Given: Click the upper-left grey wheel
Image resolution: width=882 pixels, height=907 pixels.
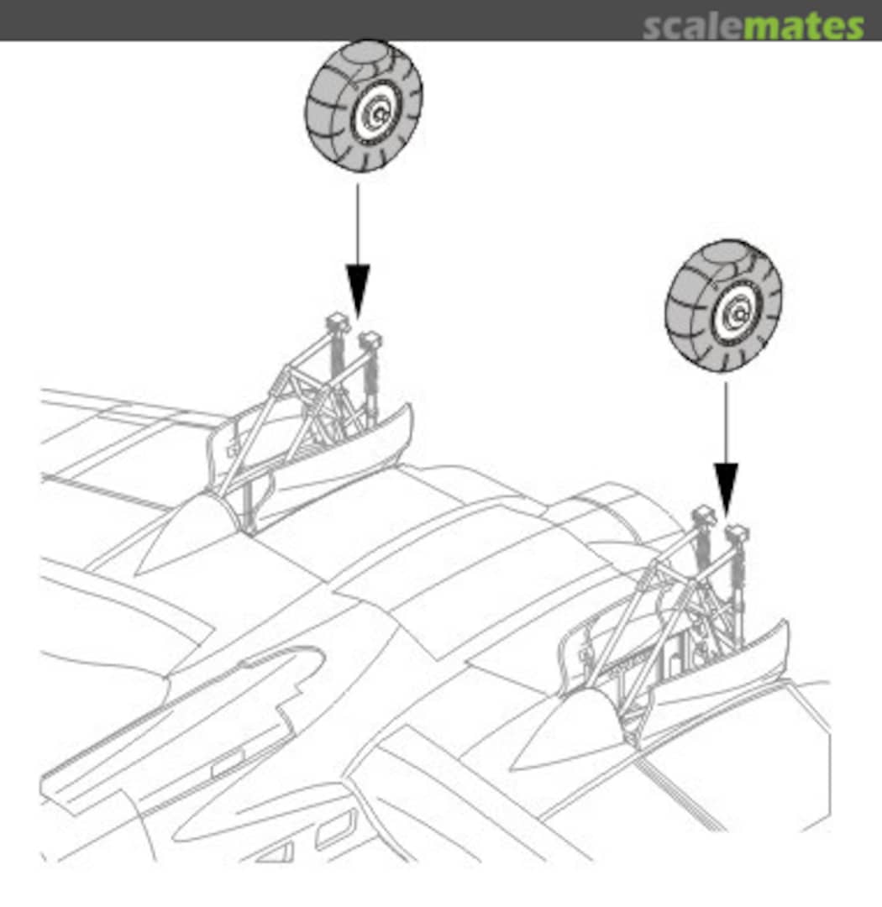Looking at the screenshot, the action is [x=364, y=106].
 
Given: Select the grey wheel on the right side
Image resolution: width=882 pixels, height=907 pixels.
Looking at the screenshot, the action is [x=723, y=306].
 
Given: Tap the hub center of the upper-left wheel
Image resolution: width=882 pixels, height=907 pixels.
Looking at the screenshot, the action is [x=379, y=114].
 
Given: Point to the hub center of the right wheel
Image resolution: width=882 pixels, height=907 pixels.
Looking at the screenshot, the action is [x=739, y=315].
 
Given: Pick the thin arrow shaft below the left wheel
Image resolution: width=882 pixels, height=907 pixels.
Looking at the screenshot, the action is [x=358, y=224].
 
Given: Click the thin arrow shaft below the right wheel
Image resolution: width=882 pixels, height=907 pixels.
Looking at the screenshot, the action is [x=726, y=422].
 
